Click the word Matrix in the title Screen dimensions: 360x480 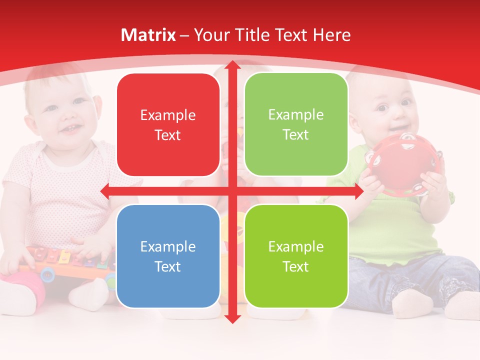click(148, 35)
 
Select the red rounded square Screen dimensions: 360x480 click(168, 125)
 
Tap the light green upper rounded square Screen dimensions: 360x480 click(296, 124)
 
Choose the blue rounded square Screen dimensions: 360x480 click(168, 256)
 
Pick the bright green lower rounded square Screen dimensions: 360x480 click(296, 256)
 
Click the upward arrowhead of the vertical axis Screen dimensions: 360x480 click(232, 65)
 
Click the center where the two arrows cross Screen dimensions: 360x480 click(232, 191)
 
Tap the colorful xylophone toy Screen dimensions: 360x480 click(65, 262)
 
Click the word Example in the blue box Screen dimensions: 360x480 click(168, 246)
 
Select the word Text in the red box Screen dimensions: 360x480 click(168, 135)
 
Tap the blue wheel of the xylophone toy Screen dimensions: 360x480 click(48, 273)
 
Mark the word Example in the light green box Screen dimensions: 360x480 click(296, 114)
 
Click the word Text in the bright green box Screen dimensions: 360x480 click(296, 266)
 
